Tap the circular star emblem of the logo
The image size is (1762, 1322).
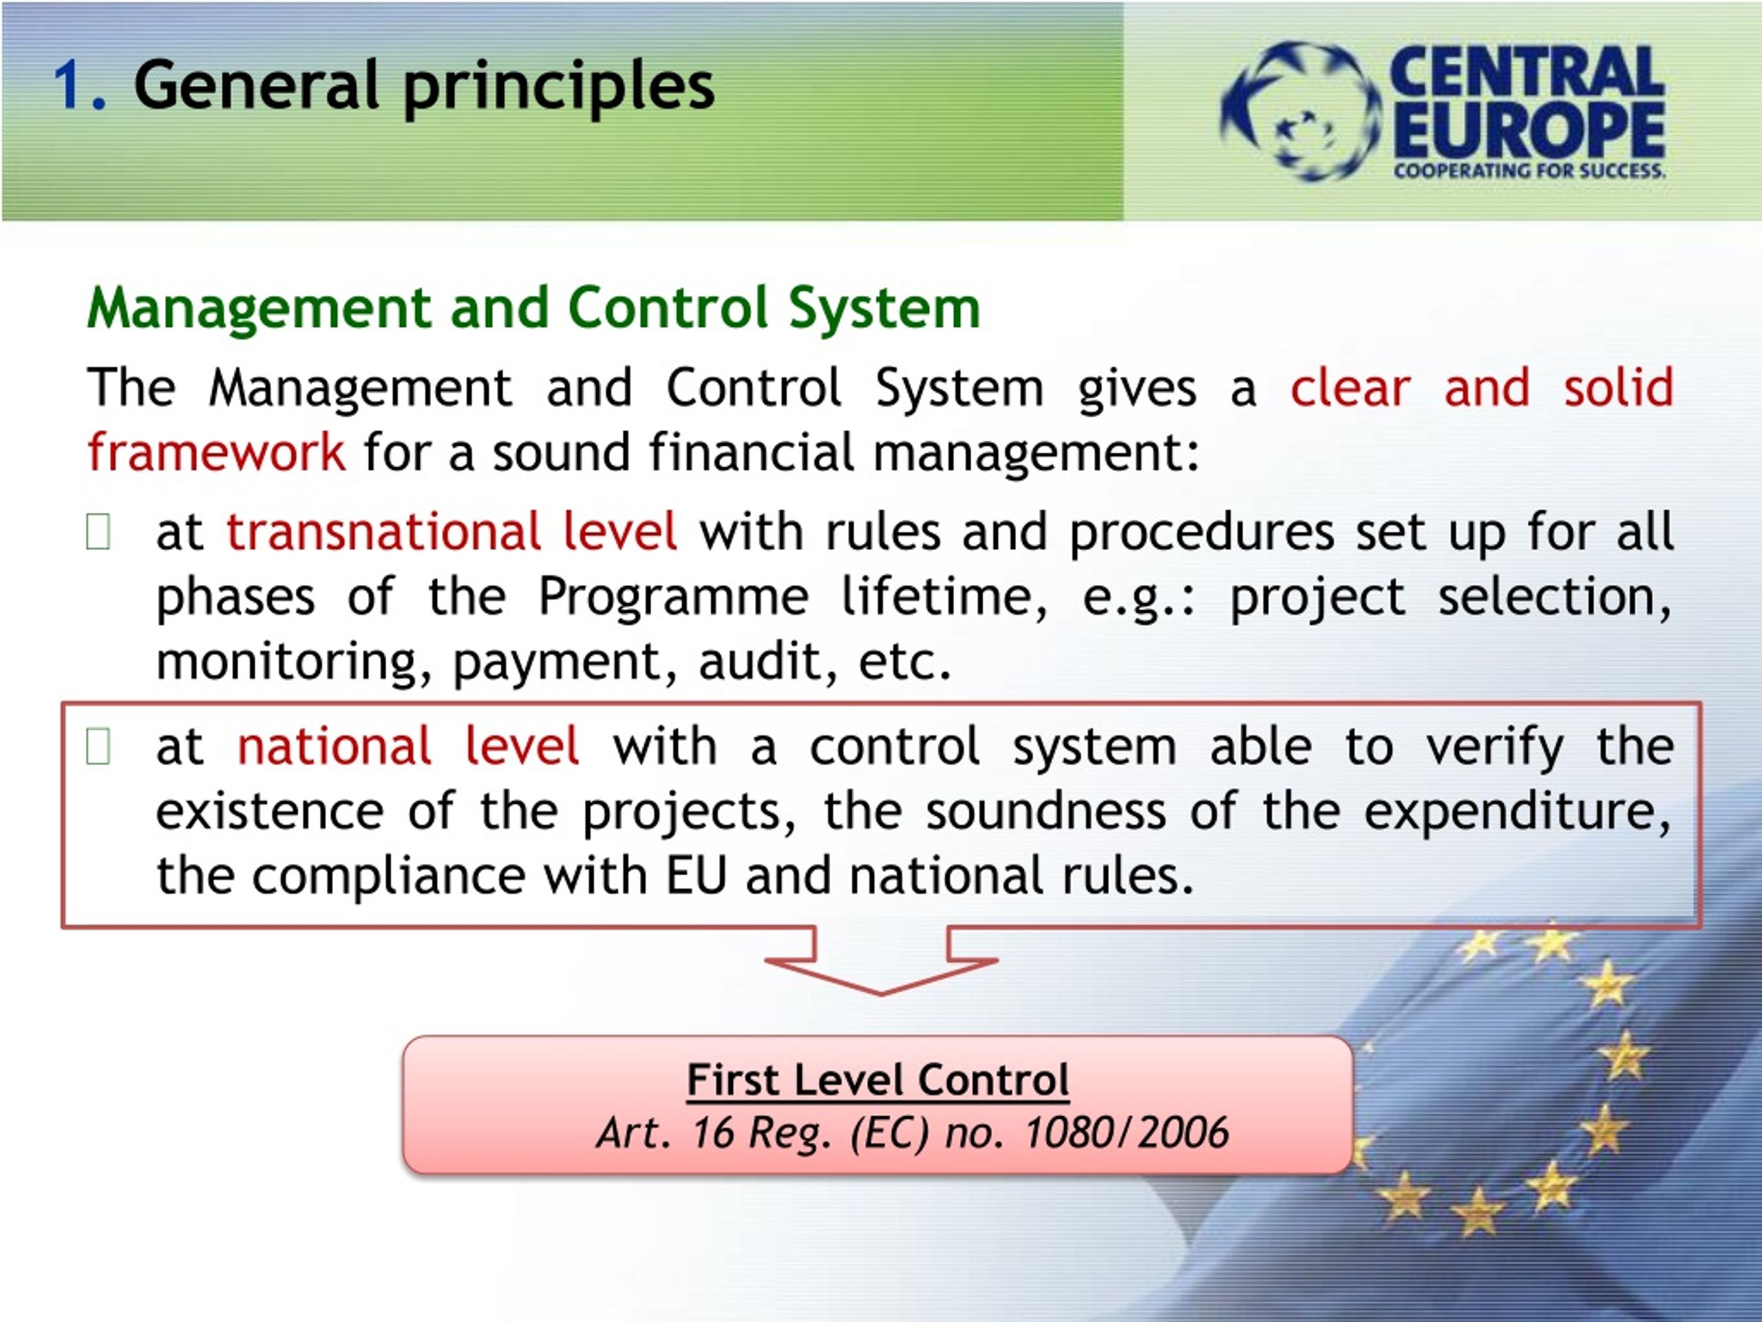click(1300, 112)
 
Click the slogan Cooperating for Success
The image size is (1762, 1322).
click(1529, 170)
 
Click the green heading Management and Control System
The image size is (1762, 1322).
click(533, 308)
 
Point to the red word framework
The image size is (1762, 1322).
click(216, 452)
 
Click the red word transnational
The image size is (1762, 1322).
click(384, 532)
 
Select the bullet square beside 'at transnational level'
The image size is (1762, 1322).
click(97, 532)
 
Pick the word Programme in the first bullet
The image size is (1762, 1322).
click(673, 598)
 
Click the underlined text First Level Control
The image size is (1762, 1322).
click(878, 1080)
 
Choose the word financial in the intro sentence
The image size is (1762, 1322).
click(751, 452)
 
